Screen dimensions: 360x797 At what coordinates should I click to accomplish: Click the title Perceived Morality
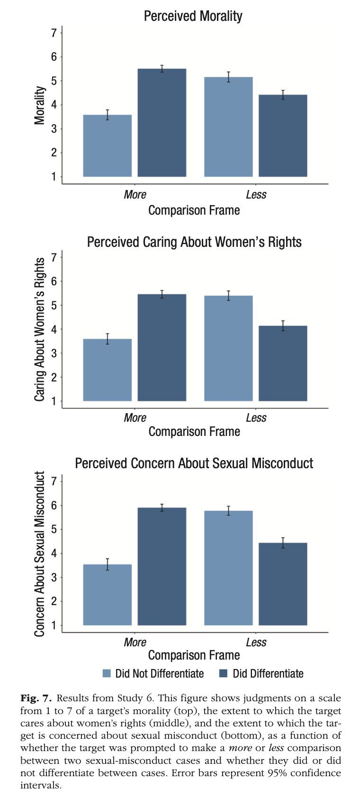(x=193, y=16)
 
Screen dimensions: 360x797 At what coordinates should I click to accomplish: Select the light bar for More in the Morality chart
(x=108, y=145)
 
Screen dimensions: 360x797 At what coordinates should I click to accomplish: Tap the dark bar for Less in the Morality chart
(x=283, y=136)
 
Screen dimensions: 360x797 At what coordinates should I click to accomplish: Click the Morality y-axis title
(x=40, y=105)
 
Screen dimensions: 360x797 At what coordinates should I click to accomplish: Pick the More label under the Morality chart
(x=135, y=195)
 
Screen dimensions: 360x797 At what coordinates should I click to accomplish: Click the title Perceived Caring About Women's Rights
(x=194, y=242)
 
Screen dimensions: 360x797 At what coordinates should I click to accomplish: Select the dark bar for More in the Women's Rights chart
(x=162, y=348)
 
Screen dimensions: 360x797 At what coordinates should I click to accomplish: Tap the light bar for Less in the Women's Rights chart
(x=228, y=348)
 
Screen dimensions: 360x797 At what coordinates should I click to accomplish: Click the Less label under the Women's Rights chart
(x=256, y=418)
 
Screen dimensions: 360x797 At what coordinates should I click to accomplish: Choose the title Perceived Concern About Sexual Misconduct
(x=194, y=463)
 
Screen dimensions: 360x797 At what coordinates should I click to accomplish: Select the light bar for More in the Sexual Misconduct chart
(x=108, y=595)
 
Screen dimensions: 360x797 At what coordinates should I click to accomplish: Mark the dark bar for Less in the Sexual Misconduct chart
(x=283, y=584)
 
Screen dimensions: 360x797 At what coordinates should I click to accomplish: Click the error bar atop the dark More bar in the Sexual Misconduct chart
(x=162, y=508)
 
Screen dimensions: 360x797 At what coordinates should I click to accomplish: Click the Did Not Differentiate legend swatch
(x=107, y=673)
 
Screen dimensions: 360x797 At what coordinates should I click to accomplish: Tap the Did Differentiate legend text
(x=268, y=673)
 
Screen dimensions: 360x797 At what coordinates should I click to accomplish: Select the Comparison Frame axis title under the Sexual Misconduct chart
(x=194, y=655)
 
